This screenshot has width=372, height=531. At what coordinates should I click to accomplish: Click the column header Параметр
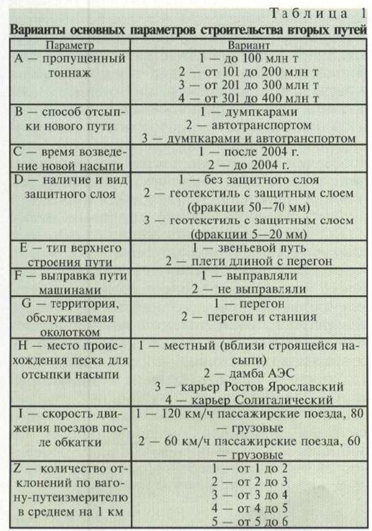(69, 45)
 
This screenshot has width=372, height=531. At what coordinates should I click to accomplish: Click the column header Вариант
(247, 45)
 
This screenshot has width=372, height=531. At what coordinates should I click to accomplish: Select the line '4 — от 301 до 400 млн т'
(247, 98)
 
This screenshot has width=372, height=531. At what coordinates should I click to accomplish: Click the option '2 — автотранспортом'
(247, 123)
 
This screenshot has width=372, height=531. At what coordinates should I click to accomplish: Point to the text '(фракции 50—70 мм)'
(247, 207)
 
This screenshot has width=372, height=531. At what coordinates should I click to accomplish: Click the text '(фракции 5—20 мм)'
(247, 234)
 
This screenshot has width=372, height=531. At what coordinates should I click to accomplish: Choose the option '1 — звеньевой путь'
(247, 248)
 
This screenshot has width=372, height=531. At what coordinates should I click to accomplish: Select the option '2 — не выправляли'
(247, 288)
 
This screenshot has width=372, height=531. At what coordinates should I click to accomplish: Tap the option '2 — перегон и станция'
(247, 317)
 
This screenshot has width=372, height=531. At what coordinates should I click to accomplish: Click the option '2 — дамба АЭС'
(247, 372)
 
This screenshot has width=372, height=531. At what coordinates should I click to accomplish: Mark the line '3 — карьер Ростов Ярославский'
(247, 386)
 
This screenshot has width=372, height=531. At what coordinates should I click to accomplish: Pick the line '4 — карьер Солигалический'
(247, 399)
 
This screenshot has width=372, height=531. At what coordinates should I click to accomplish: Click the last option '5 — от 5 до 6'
(247, 522)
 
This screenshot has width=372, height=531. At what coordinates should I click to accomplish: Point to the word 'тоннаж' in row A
(69, 72)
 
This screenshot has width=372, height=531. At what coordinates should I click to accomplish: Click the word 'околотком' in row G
(69, 329)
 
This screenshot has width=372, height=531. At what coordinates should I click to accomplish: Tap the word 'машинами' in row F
(69, 288)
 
